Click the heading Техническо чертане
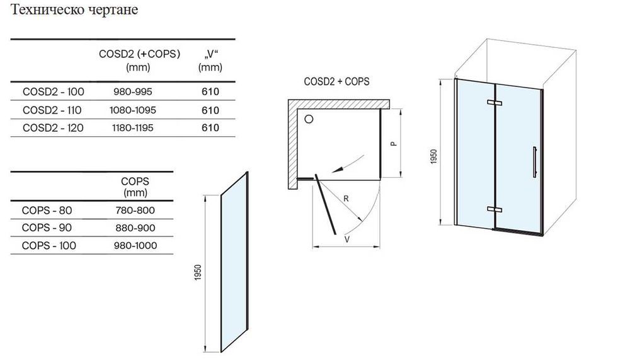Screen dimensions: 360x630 [x=71, y=11]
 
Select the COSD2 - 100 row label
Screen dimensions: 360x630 [x=53, y=92]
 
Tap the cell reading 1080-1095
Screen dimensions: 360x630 [x=132, y=110]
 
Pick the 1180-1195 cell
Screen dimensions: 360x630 [x=132, y=127]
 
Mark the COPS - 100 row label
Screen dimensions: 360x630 [x=49, y=245]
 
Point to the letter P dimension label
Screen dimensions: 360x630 [x=392, y=144]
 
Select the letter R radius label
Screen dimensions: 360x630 [x=346, y=200]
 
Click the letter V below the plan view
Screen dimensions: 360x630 [x=347, y=240]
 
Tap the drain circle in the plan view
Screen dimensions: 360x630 [x=309, y=119]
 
